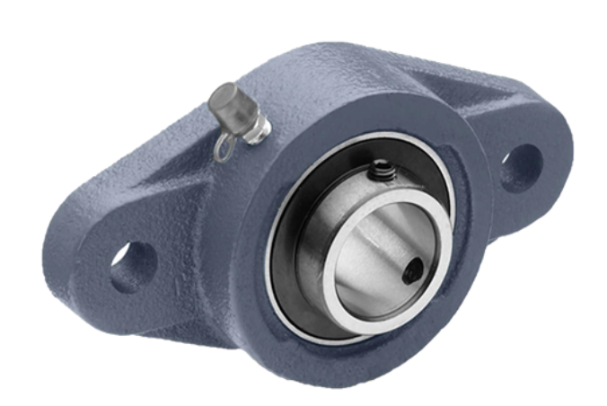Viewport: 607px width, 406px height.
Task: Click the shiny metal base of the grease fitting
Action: (x=259, y=131)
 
